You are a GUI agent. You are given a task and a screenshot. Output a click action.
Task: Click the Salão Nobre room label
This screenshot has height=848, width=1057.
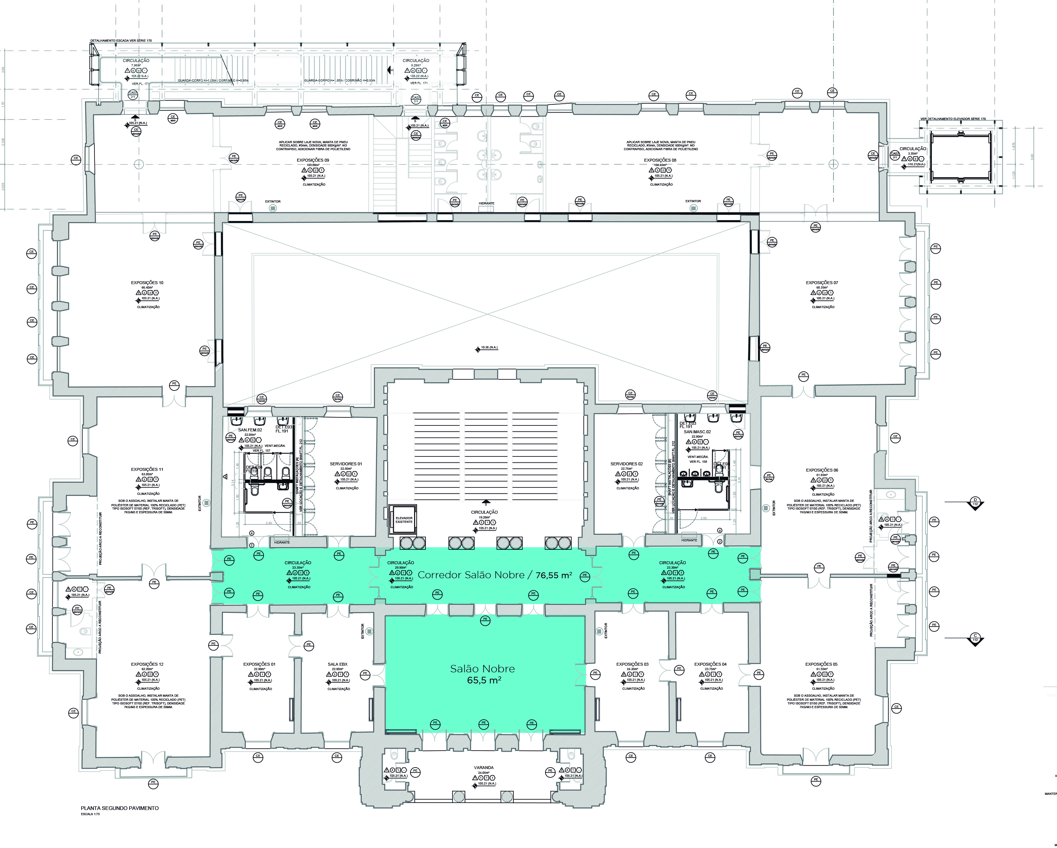(x=483, y=669)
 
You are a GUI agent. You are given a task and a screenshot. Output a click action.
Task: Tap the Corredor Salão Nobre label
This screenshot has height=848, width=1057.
(x=494, y=575)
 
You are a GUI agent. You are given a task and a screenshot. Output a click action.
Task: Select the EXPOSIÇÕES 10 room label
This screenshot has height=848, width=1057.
(x=147, y=283)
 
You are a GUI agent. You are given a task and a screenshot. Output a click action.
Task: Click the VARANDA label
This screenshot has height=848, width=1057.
(x=483, y=768)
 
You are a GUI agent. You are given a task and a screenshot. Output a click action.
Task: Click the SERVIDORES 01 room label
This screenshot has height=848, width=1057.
(x=346, y=464)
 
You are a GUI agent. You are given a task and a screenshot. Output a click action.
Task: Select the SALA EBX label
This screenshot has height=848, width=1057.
(x=337, y=665)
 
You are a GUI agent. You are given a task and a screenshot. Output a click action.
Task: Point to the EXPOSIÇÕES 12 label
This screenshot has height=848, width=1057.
(x=147, y=665)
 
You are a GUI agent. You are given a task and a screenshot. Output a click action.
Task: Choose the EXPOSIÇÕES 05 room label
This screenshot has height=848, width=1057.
(x=821, y=665)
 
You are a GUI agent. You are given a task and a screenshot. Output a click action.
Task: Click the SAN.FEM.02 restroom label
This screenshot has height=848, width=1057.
(x=250, y=430)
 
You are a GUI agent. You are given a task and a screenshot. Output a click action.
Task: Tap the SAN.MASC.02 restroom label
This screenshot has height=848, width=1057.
(x=697, y=432)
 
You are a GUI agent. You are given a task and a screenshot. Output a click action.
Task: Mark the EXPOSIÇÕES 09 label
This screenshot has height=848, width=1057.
(x=313, y=160)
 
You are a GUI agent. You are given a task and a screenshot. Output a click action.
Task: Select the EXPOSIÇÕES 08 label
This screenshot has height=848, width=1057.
(x=660, y=160)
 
